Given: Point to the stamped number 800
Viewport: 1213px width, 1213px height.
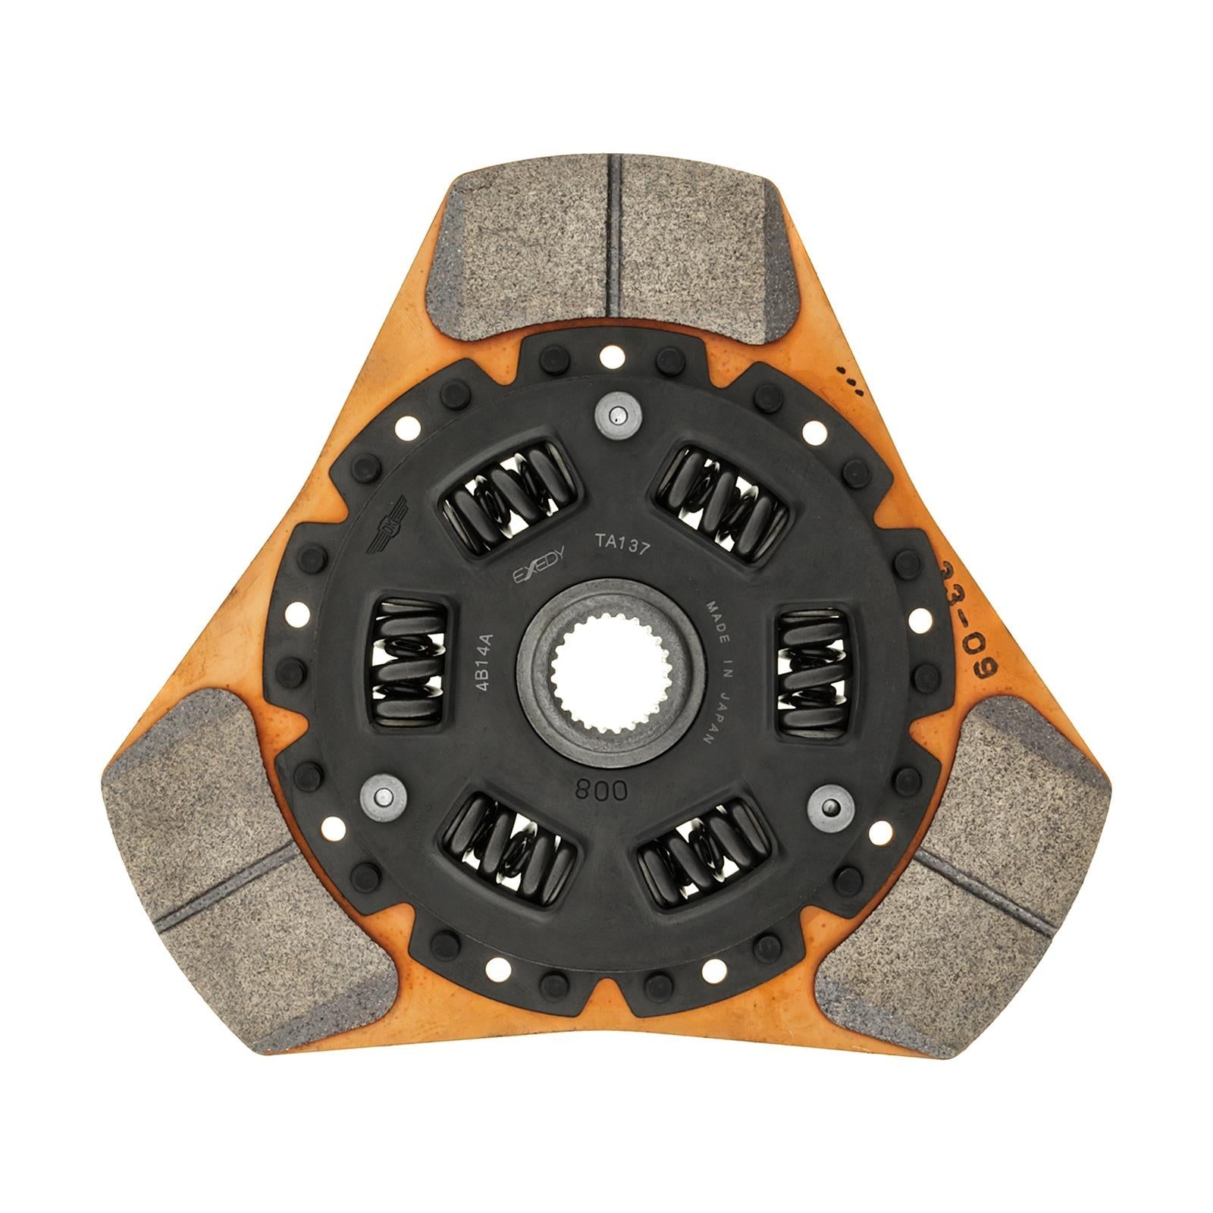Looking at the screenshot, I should pyautogui.click(x=602, y=791).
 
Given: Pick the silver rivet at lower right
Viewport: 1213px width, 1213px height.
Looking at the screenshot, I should pyautogui.click(x=830, y=807).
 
